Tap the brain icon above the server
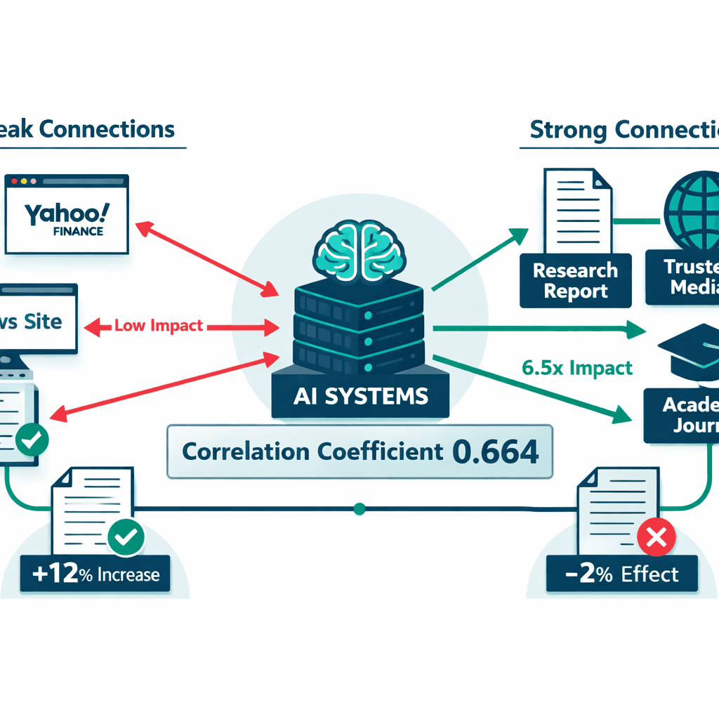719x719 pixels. (x=360, y=249)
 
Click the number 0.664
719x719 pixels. (x=496, y=451)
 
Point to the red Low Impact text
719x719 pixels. (x=159, y=326)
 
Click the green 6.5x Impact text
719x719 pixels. (x=577, y=367)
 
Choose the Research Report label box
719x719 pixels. (x=575, y=279)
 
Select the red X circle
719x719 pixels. (x=657, y=538)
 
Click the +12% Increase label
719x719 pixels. (x=96, y=575)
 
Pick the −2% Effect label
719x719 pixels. (x=622, y=574)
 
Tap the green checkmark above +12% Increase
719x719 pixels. (x=126, y=538)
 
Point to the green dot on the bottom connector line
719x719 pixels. (x=359, y=508)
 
